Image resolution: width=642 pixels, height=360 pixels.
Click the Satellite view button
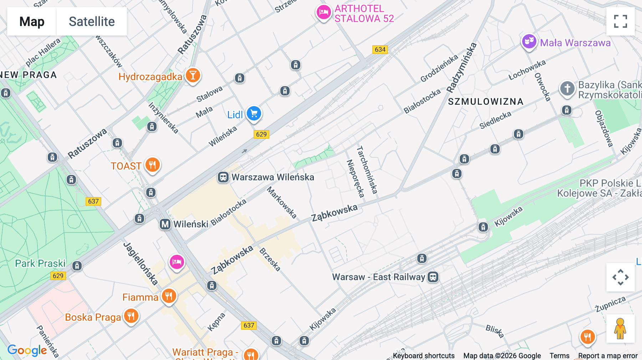(92, 21)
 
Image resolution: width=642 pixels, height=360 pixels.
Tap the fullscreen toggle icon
(620, 21)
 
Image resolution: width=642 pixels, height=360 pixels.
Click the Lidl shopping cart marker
(254, 114)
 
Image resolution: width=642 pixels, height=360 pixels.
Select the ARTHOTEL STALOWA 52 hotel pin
(323, 12)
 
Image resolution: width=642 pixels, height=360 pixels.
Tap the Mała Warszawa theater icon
(529, 42)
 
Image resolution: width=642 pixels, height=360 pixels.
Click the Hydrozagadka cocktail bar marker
(193, 76)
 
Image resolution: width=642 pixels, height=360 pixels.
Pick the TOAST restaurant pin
(153, 165)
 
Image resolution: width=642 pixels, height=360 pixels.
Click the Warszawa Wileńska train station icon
(223, 177)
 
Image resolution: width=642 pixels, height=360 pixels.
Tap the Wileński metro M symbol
(165, 224)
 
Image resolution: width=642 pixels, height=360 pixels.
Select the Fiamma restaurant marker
(169, 296)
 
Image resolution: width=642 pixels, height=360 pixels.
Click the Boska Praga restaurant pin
(131, 316)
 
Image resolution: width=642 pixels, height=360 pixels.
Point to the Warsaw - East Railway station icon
(433, 277)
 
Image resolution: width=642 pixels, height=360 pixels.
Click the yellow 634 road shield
(380, 50)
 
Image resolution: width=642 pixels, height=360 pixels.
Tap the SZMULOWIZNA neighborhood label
(485, 102)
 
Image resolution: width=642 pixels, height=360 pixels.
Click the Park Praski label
(40, 263)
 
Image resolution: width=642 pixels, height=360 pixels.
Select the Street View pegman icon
(620, 329)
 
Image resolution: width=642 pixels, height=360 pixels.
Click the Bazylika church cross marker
(567, 88)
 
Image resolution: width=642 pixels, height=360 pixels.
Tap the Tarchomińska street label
(367, 170)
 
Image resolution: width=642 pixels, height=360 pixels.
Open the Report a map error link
(607, 355)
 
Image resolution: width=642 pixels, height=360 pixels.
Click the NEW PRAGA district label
(29, 75)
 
